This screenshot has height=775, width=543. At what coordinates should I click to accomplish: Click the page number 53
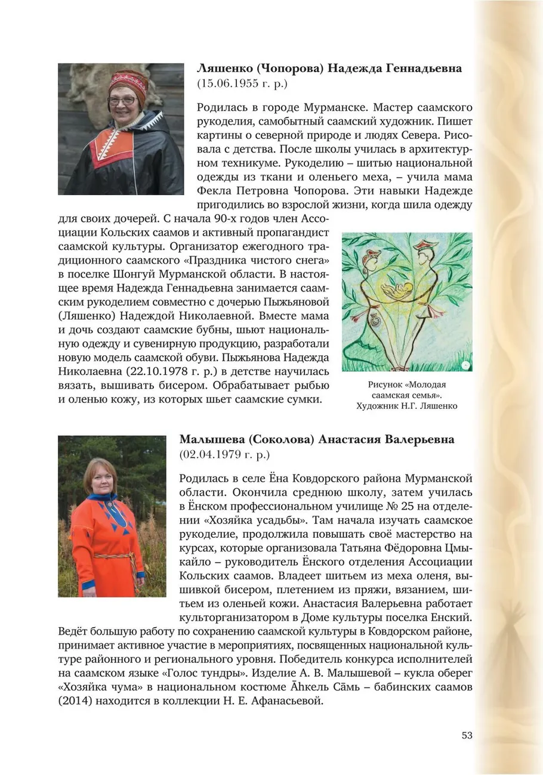pyautogui.click(x=467, y=735)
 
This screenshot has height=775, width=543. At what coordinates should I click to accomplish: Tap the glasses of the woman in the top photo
pyautogui.click(x=122, y=100)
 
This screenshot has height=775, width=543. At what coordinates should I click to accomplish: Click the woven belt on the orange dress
pyautogui.click(x=113, y=556)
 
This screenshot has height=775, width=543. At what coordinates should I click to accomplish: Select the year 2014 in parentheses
pyautogui.click(x=72, y=701)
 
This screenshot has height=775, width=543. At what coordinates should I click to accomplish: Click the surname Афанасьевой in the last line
pyautogui.click(x=288, y=701)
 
